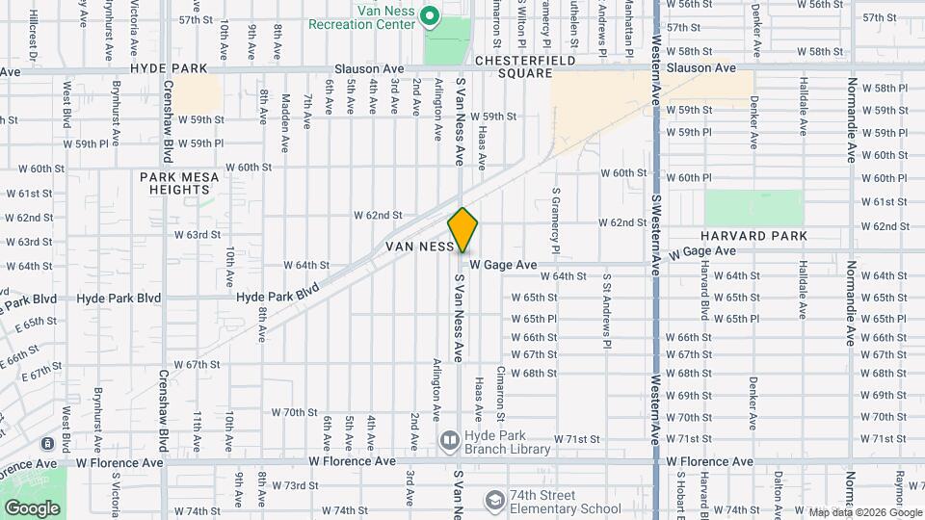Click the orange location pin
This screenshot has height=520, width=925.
coord(462,230)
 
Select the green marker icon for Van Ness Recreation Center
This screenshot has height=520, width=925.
coord(431,16)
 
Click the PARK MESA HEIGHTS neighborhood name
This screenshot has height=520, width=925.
coord(179,184)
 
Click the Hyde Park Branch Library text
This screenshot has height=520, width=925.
coord(508,442)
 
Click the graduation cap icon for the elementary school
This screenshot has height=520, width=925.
coord(494,501)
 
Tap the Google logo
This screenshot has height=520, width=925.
coord(32,507)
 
